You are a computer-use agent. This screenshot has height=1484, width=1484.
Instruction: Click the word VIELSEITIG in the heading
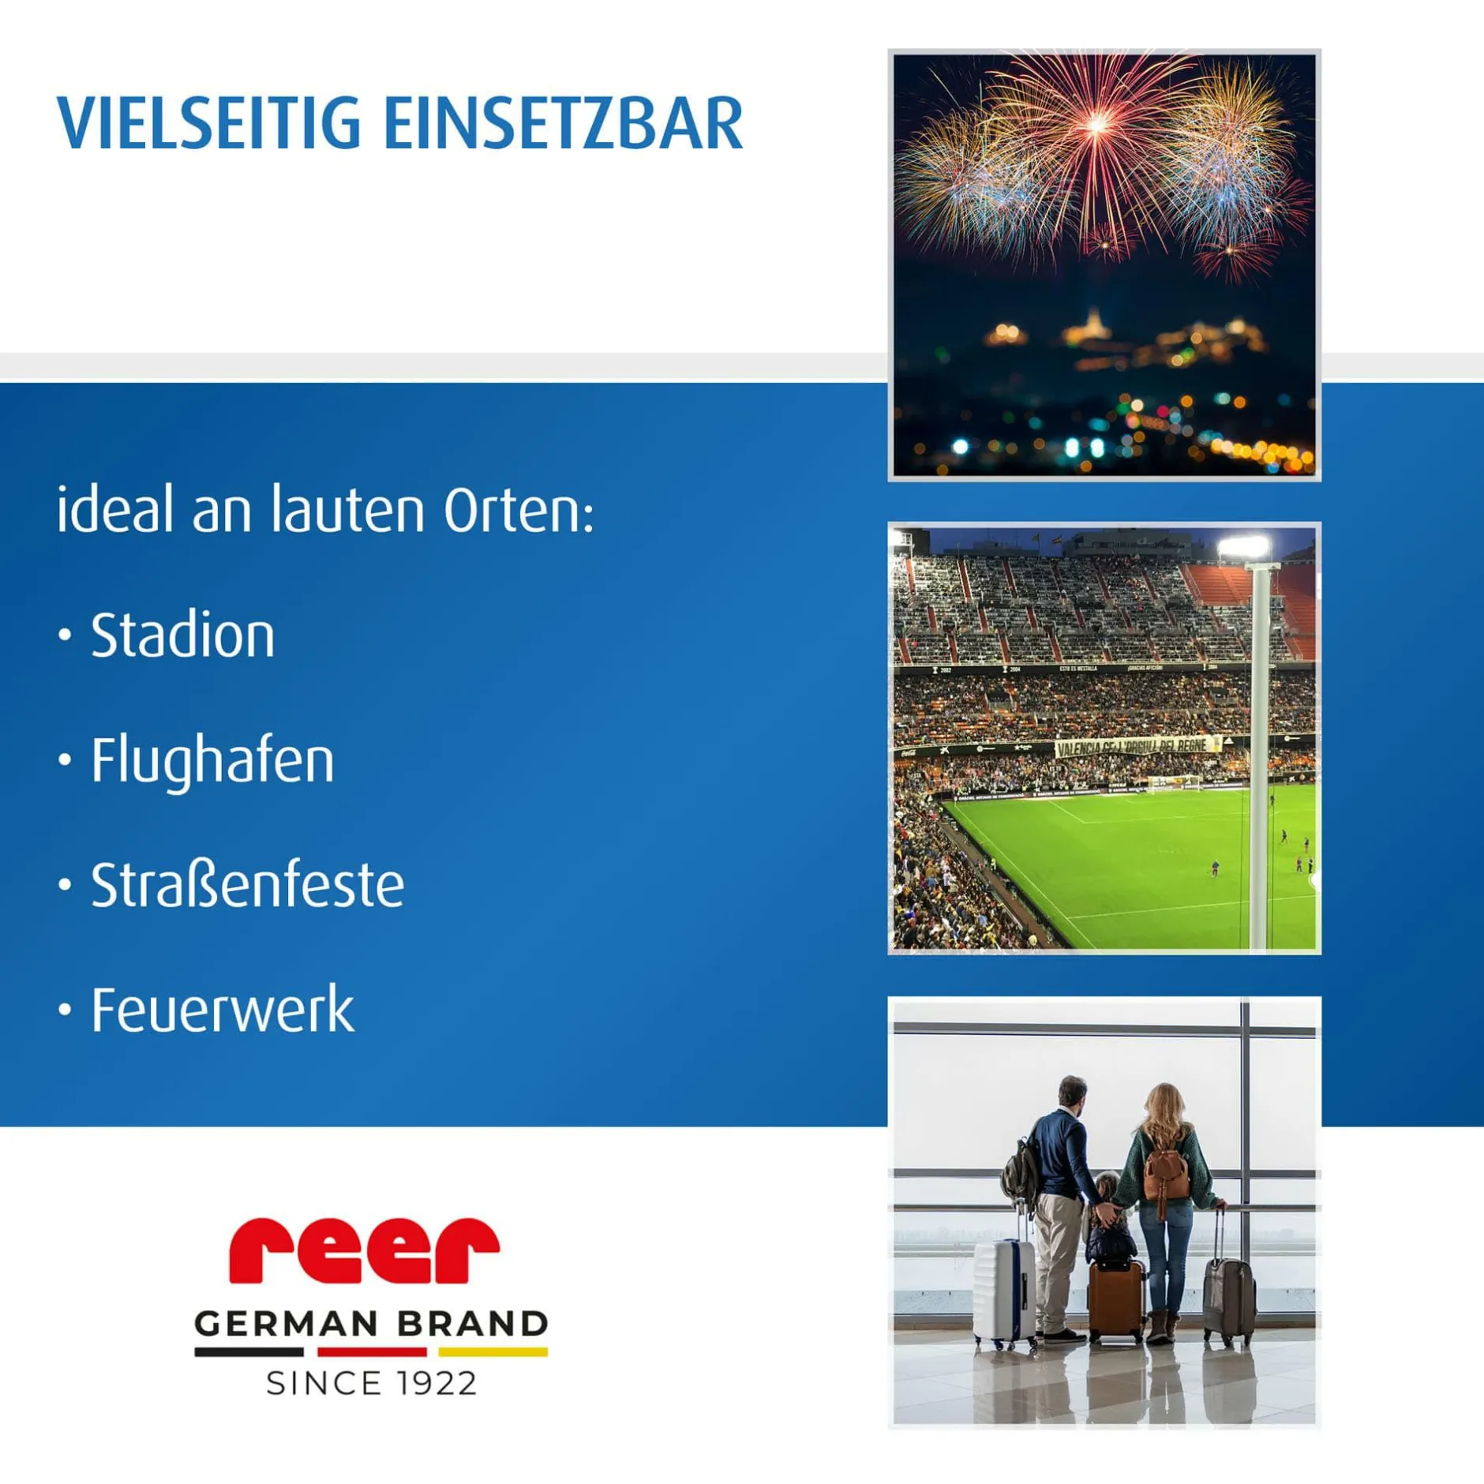pyautogui.click(x=209, y=123)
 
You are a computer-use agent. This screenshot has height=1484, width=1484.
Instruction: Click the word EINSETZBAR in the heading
pyautogui.click(x=564, y=123)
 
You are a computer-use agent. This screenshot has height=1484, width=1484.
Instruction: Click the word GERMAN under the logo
pyautogui.click(x=286, y=1325)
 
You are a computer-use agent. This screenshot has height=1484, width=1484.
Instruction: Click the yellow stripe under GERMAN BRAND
pyautogui.click(x=493, y=1352)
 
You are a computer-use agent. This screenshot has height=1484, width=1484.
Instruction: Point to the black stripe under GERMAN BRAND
pyautogui.click(x=249, y=1352)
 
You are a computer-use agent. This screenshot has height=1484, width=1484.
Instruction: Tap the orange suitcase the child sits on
pyautogui.click(x=1116, y=1301)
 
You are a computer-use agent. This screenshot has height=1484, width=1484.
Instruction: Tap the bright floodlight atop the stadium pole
pyautogui.click(x=1243, y=546)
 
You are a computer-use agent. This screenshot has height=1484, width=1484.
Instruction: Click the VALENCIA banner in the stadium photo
pyautogui.click(x=1134, y=747)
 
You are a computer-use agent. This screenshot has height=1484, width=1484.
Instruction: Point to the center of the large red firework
pyautogui.click(x=1097, y=124)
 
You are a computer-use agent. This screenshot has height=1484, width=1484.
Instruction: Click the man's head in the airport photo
pyautogui.click(x=1071, y=1092)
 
